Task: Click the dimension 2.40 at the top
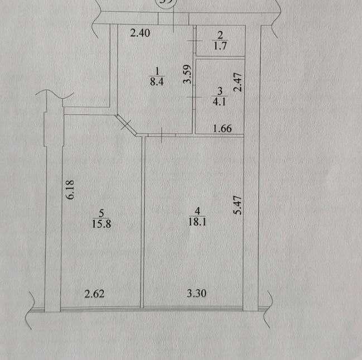click(139, 33)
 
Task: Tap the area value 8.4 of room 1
click(157, 80)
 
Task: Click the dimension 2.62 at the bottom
click(95, 294)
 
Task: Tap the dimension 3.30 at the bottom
click(195, 294)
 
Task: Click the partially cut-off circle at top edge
click(166, 2)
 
